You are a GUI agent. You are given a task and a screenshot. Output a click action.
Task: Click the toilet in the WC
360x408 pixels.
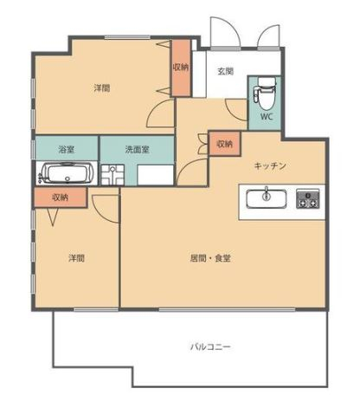(x=264, y=92)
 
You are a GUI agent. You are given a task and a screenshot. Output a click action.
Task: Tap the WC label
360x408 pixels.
(x=267, y=117)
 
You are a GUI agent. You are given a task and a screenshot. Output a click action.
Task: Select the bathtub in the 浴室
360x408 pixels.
(x=67, y=173)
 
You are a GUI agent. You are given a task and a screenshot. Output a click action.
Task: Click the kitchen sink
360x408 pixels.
(x=267, y=198)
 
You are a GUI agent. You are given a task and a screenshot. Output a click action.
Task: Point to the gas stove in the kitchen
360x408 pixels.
(x=308, y=198)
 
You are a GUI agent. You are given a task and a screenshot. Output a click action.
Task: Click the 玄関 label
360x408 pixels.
(x=225, y=71)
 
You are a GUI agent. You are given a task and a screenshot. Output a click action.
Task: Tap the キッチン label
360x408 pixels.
(x=270, y=165)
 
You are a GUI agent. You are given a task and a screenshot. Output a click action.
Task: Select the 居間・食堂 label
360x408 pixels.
(x=210, y=258)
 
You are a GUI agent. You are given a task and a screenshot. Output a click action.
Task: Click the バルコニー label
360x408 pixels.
(x=210, y=346)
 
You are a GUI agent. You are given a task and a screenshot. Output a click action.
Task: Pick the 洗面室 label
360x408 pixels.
(x=138, y=149)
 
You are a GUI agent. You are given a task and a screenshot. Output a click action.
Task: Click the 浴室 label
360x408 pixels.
(x=67, y=149)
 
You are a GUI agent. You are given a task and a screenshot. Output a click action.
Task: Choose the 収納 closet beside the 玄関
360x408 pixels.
(x=181, y=68)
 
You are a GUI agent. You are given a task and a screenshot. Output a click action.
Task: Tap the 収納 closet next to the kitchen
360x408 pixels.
(x=225, y=144)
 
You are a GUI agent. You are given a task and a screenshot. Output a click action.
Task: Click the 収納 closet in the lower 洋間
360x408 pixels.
(x=61, y=198)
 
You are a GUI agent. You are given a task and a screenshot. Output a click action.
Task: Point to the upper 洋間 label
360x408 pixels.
(x=102, y=87)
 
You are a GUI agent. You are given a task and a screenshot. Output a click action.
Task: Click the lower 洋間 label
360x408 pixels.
(x=76, y=258)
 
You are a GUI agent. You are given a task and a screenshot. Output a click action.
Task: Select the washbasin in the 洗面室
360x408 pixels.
(x=112, y=174)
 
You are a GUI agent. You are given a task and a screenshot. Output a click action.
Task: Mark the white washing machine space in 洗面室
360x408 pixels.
(x=155, y=175)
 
